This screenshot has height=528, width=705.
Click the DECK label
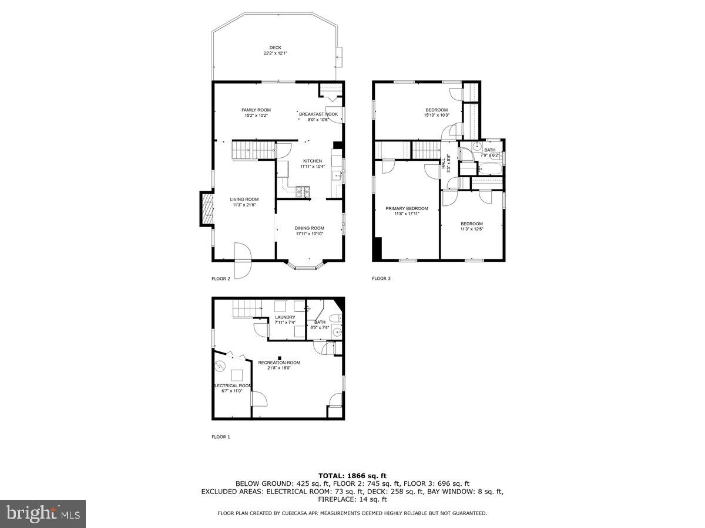tap(275, 48)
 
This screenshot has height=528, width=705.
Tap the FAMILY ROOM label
tap(256, 110)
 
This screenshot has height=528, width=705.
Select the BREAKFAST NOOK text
tap(318, 114)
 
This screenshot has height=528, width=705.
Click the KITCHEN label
tap(313, 161)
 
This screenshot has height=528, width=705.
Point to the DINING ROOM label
tap(310, 228)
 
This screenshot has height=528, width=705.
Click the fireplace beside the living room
tap(206, 209)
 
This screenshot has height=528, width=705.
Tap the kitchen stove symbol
tap(303, 191)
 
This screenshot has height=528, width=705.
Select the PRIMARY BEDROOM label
tap(407, 208)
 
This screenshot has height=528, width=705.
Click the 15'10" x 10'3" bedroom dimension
tap(437, 115)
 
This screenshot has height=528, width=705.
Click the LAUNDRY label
tap(285, 317)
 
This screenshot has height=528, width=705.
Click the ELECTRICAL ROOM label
tap(233, 385)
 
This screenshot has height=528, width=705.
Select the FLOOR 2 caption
tap(221, 279)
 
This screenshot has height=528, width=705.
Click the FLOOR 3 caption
tap(381, 279)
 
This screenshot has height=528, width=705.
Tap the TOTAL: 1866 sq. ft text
tap(352, 475)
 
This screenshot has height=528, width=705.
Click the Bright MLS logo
tap(43, 514)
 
